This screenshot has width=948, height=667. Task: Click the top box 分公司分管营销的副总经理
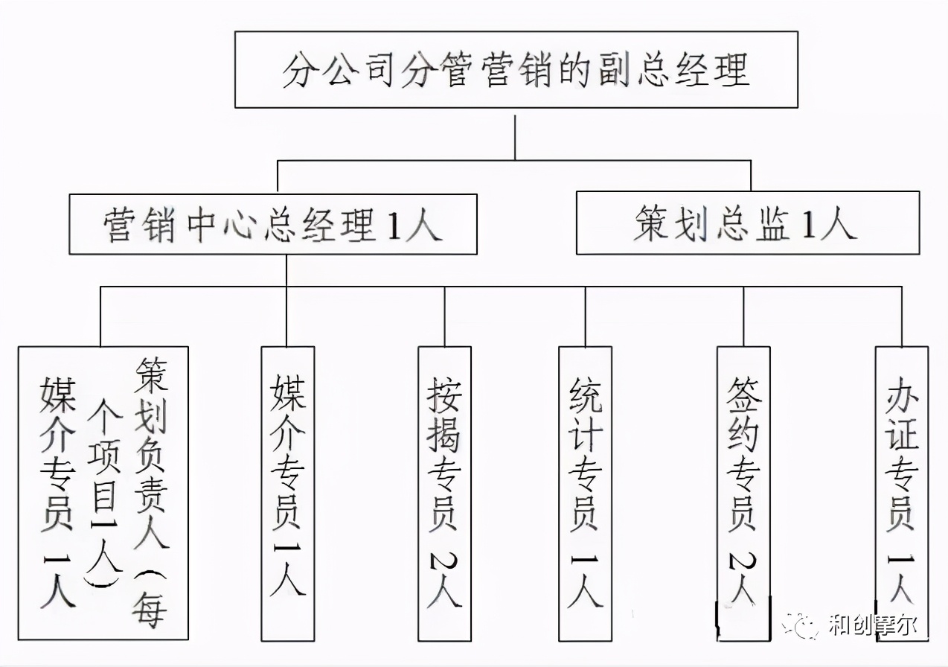click(516, 69)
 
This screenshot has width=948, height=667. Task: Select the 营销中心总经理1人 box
click(272, 224)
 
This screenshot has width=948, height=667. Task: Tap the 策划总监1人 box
click(747, 223)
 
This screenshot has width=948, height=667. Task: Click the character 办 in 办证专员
click(902, 395)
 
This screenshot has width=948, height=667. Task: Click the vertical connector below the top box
click(515, 134)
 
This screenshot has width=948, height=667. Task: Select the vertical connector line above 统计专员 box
click(585, 316)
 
